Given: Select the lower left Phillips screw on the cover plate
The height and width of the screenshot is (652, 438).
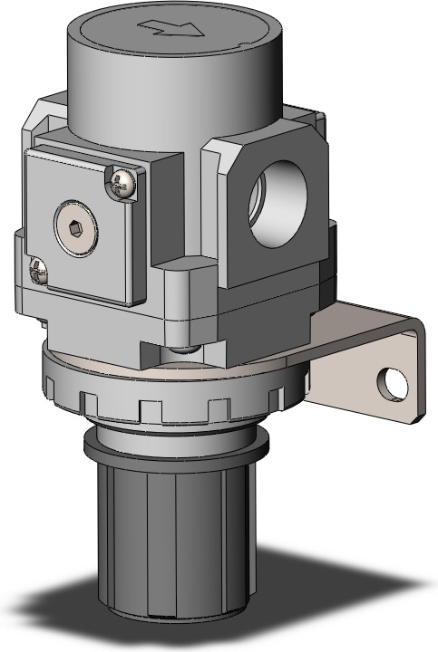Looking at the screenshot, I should tap(37, 268).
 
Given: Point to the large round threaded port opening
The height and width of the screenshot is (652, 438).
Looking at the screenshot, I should tap(275, 202).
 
